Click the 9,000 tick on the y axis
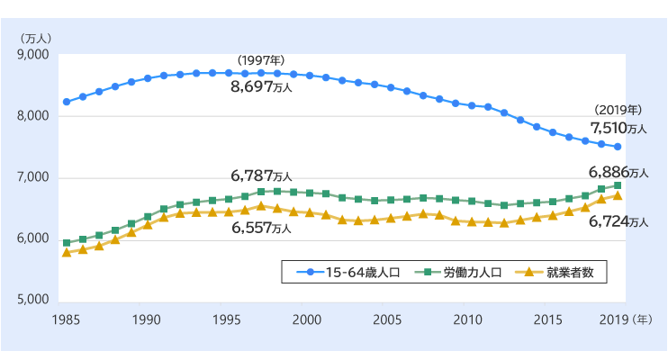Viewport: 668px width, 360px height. tap(33, 55)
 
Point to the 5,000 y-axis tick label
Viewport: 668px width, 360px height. tap(33, 300)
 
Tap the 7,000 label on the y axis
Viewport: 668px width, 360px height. tap(33, 177)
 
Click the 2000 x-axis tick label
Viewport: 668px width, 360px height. tap(308, 319)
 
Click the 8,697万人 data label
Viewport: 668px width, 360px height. tap(267, 89)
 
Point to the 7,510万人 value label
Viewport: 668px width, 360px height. tap(618, 128)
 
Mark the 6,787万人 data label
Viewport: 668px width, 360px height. tap(261, 174)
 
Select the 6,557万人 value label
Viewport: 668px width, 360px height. tap(261, 229)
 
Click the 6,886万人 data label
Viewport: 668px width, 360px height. tap(618, 171)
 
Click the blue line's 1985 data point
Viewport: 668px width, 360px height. tap(67, 102)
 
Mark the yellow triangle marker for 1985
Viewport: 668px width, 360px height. tap(67, 253)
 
